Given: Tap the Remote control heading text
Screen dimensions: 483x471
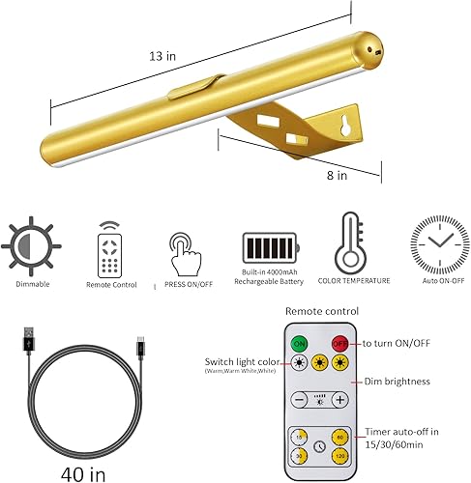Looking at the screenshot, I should pos(321,311).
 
